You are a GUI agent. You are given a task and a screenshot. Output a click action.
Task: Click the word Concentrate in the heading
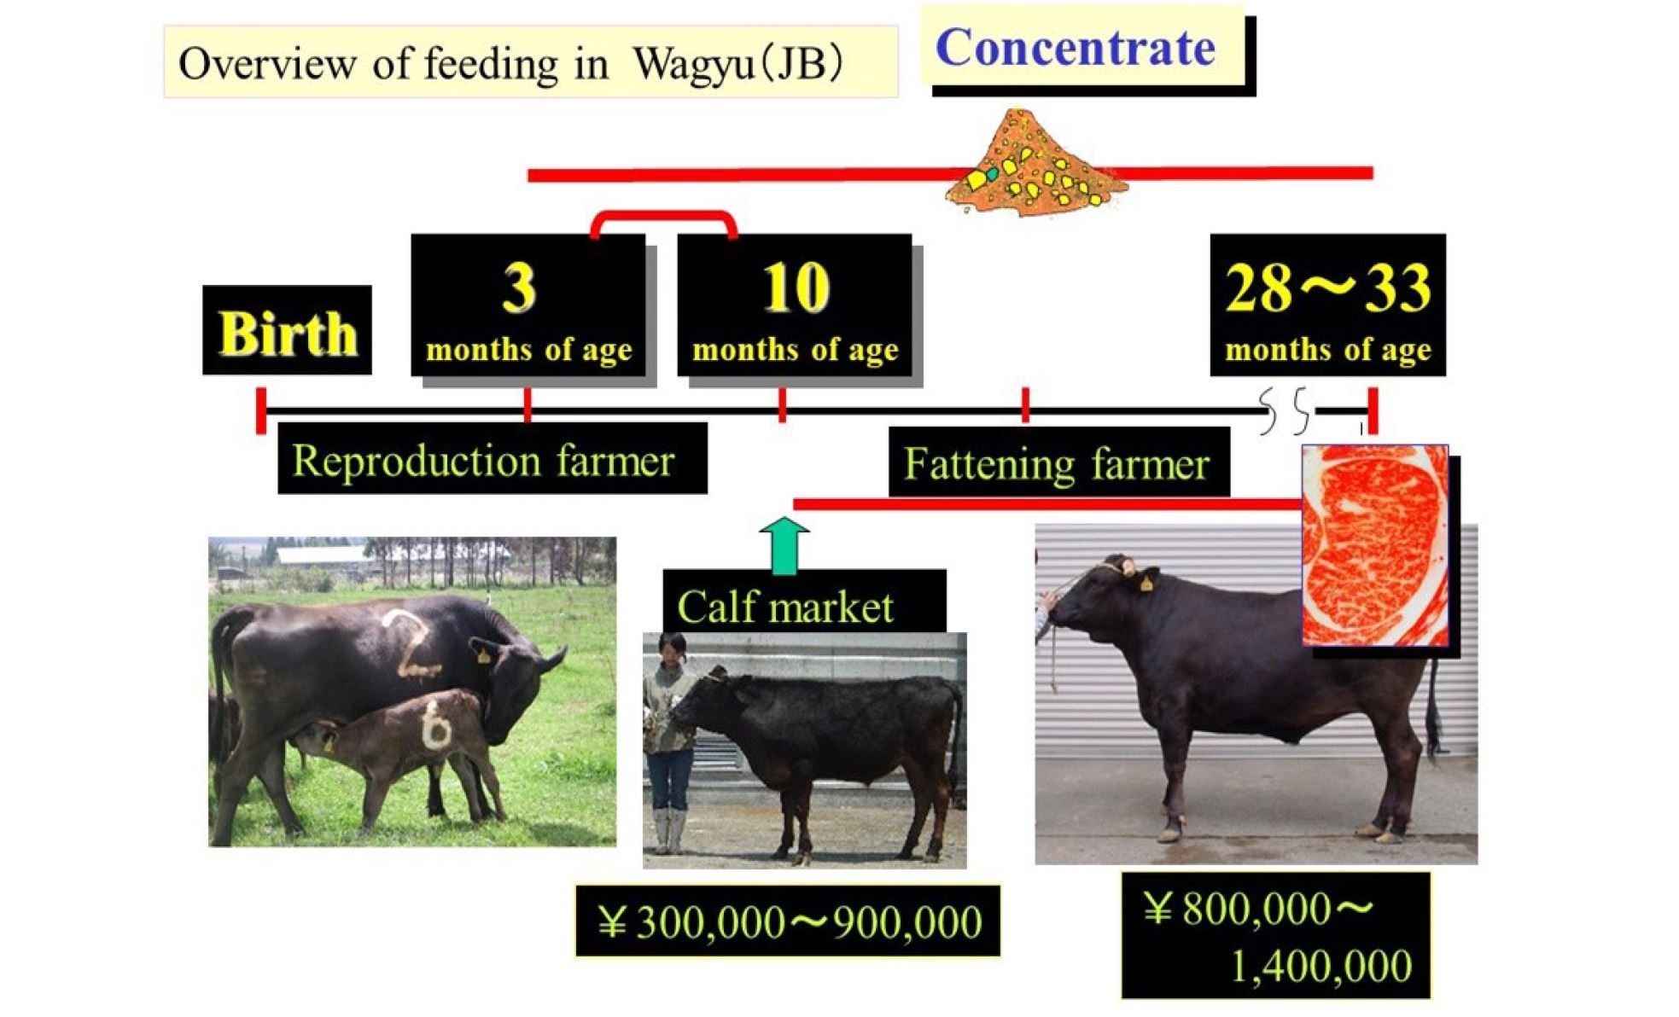pos(1076,48)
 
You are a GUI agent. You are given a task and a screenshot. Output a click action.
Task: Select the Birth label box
pos(287,330)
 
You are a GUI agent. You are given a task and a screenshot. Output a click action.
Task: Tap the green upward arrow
pos(784,545)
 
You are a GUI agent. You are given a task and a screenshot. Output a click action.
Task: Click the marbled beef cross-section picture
pos(1374,544)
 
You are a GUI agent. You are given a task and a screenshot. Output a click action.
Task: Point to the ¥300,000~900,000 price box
pos(787,921)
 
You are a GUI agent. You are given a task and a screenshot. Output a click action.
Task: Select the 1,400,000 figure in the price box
pos(1321,966)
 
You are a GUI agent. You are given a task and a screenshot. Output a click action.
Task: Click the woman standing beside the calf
pos(670,742)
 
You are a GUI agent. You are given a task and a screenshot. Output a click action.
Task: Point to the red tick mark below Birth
pos(261,410)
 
